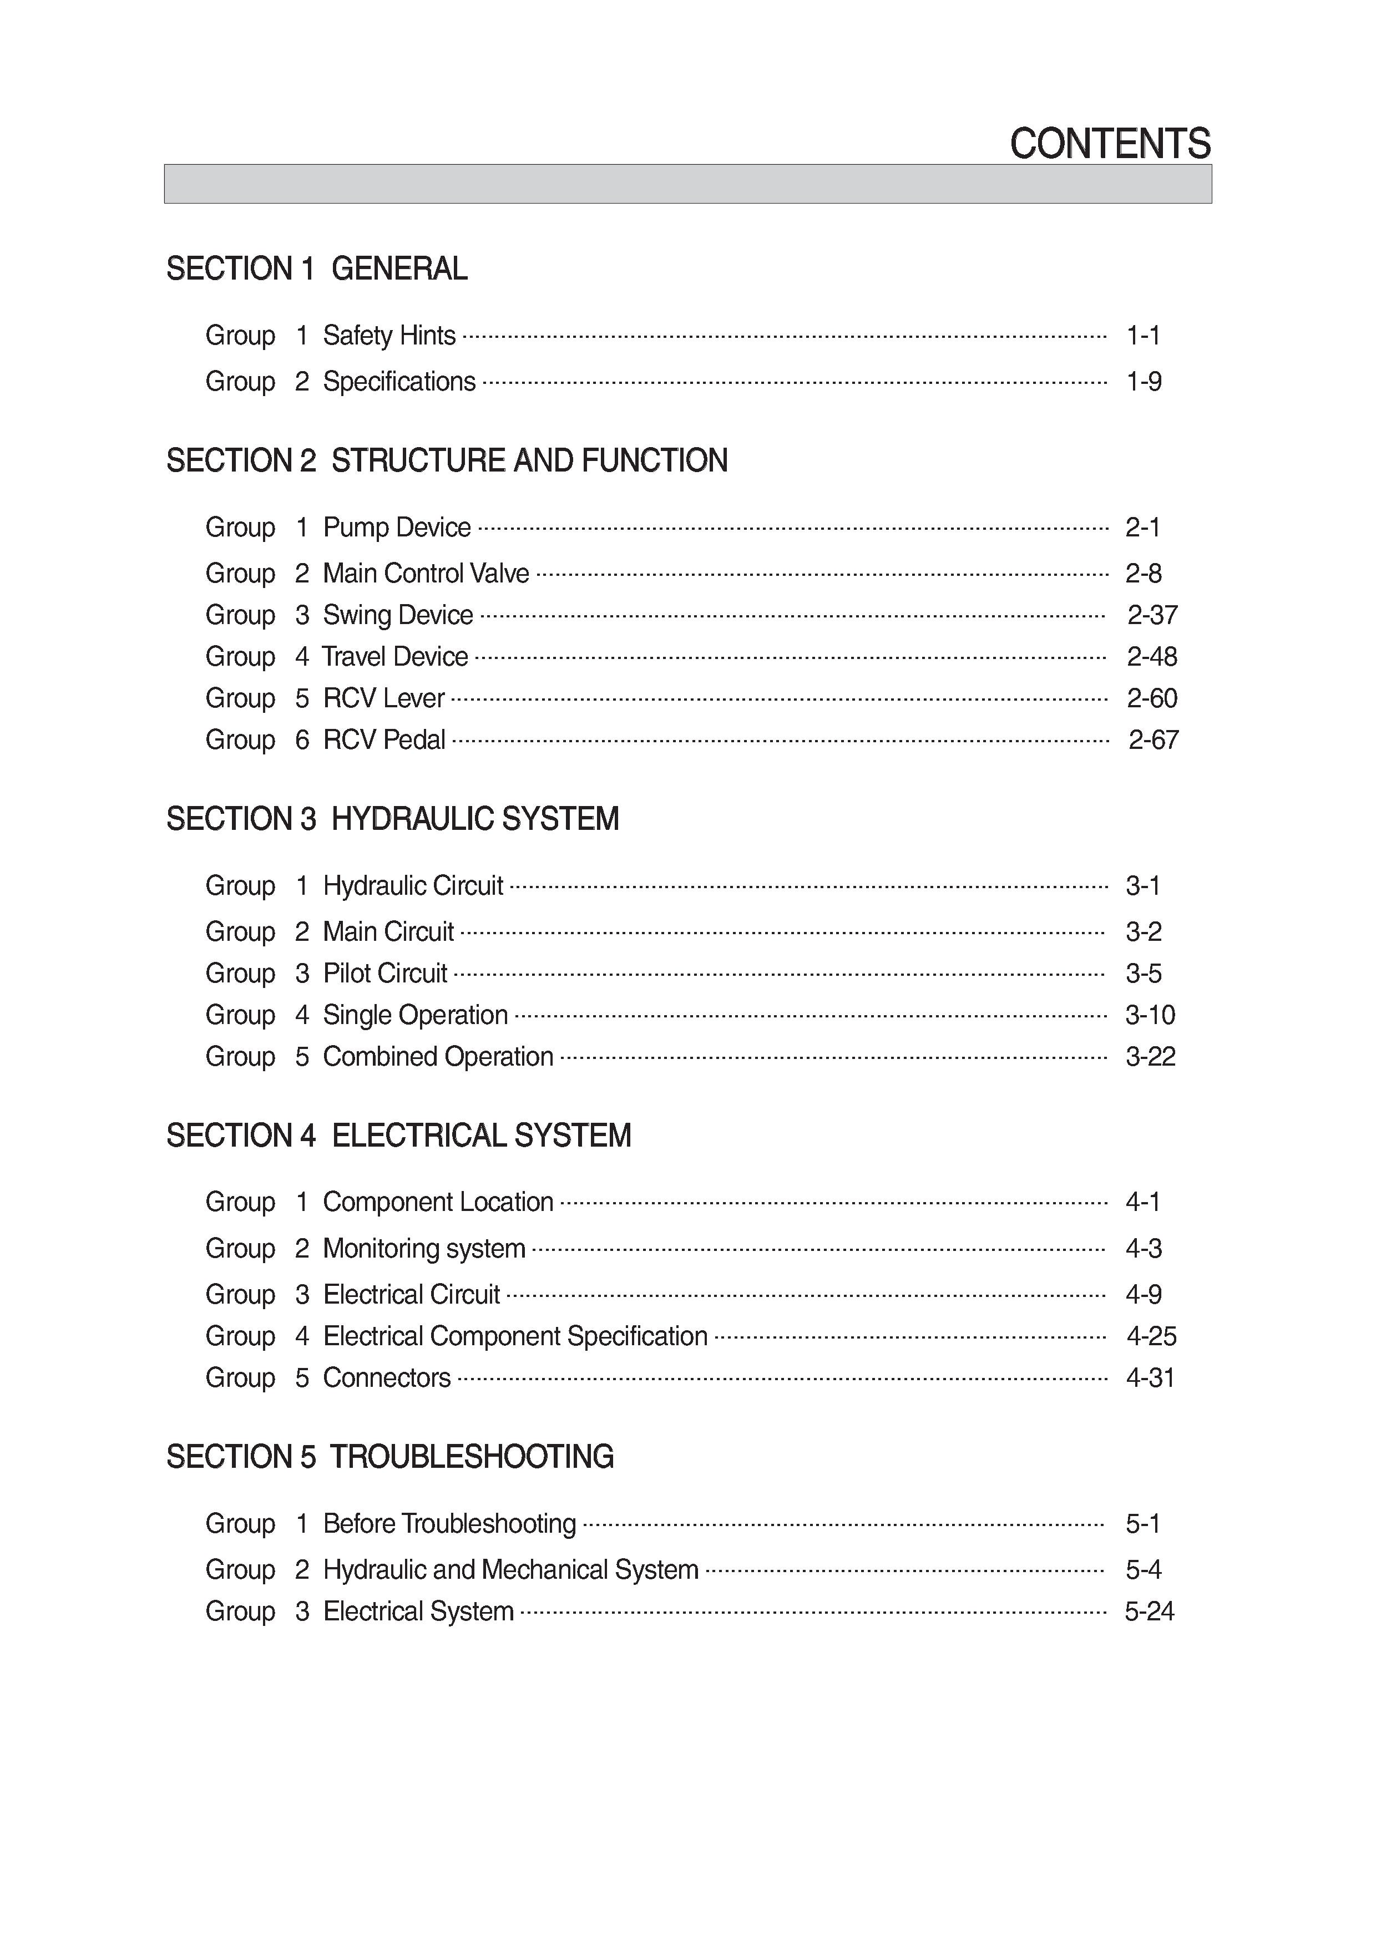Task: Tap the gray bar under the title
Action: tap(687, 184)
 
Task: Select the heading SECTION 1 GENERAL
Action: tap(316, 268)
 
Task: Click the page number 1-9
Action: tap(1143, 382)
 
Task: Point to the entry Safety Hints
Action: tap(389, 336)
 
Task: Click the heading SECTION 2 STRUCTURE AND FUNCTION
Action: tap(447, 460)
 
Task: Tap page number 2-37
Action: tap(1152, 615)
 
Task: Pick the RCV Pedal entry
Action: tap(384, 740)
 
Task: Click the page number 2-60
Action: tap(1152, 698)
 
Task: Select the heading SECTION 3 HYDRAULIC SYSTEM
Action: tap(392, 819)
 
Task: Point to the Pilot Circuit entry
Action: tap(385, 973)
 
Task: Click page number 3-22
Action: tap(1151, 1057)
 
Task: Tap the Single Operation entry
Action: tap(416, 1015)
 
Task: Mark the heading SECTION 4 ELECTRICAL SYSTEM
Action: tap(398, 1135)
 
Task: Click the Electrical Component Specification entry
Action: tap(515, 1336)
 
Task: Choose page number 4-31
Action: tap(1151, 1377)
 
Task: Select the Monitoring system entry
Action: tap(424, 1249)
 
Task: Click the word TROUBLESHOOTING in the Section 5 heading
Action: tap(472, 1456)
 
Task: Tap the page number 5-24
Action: tap(1150, 1610)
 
